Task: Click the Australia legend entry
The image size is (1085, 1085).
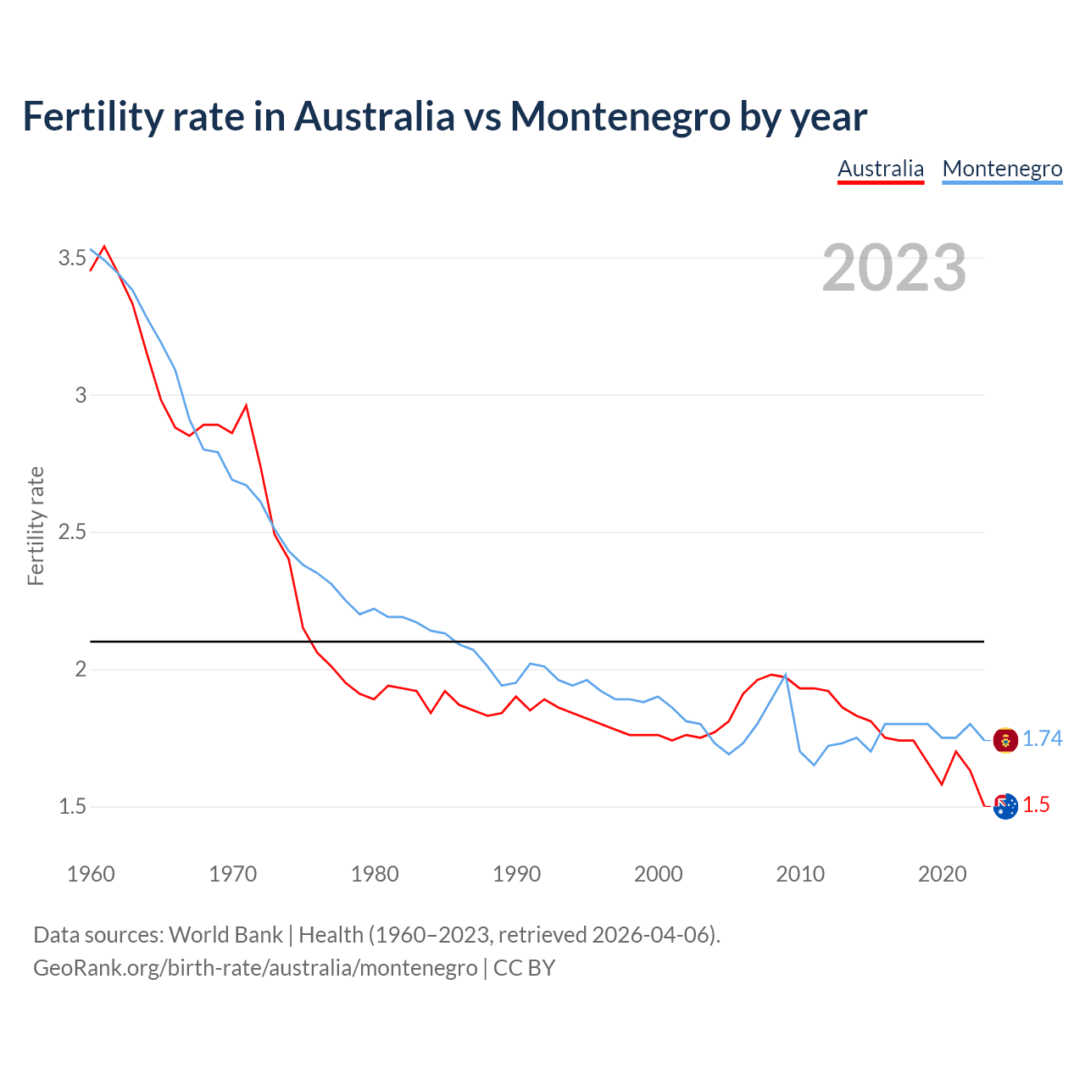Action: (x=881, y=169)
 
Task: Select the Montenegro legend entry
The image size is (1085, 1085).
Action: (x=1002, y=169)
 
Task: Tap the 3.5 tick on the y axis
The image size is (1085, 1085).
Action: (x=72, y=258)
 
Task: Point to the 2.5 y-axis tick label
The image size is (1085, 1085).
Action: (x=72, y=532)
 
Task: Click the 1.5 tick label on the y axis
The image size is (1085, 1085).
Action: (x=72, y=806)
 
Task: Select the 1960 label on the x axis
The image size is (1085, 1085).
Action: (x=91, y=874)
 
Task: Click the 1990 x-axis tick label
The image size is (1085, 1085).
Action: (x=516, y=874)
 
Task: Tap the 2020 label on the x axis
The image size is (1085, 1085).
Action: (x=942, y=874)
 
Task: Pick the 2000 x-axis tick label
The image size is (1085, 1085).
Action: (x=658, y=874)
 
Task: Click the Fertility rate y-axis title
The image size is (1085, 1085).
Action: (x=36, y=526)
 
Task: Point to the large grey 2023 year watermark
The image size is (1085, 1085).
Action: (x=894, y=268)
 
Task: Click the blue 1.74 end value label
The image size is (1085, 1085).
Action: (x=1042, y=739)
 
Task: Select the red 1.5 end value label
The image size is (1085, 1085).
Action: (x=1036, y=805)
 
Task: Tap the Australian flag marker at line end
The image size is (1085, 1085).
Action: (x=1005, y=807)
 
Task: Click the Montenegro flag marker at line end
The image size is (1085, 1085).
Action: (x=1005, y=740)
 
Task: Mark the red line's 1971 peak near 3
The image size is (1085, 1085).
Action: (x=246, y=406)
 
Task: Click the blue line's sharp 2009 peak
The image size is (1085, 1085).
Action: (x=786, y=675)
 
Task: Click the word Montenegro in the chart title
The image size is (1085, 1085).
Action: (x=620, y=116)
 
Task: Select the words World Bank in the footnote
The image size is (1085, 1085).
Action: (x=225, y=935)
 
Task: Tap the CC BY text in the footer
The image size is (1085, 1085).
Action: (x=524, y=968)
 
